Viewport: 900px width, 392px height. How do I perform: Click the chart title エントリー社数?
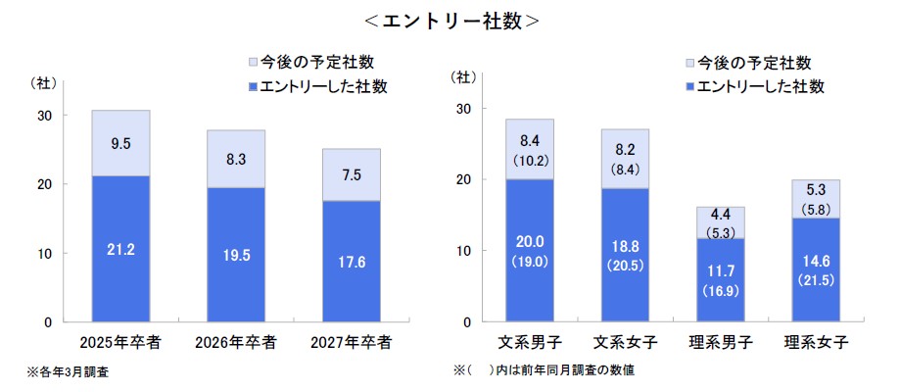449,21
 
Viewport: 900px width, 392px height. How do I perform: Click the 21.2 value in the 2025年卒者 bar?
120,250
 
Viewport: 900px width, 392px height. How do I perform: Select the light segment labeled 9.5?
120,143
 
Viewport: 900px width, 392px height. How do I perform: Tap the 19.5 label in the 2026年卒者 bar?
236,254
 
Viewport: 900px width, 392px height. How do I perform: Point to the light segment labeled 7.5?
351,174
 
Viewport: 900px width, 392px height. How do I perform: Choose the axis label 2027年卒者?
351,342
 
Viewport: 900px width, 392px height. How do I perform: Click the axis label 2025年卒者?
120,342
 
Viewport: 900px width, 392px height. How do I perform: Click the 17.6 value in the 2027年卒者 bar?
351,261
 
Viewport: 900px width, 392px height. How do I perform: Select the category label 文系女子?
625,342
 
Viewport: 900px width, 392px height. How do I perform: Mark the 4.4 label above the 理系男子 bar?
720,215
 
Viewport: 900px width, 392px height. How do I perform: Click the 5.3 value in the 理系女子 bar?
815,189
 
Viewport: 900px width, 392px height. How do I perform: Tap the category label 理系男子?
720,342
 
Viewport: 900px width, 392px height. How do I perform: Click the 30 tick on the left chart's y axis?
45,115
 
